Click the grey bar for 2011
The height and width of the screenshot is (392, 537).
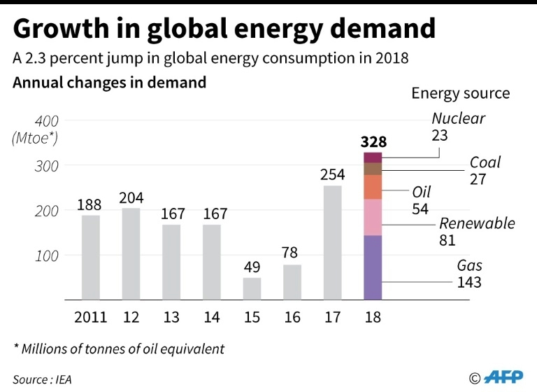tap(90, 257)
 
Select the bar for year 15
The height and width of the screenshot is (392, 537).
tap(252, 288)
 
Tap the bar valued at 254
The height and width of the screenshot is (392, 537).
tap(333, 242)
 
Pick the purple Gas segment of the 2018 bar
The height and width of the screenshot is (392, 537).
tap(373, 267)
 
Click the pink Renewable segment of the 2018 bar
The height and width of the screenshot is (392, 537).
tap(373, 217)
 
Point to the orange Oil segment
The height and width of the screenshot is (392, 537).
tap(373, 187)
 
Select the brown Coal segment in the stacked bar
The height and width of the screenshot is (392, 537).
tap(373, 169)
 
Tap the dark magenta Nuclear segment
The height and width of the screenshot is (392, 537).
tap(373, 157)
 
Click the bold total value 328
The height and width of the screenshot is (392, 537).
tap(373, 141)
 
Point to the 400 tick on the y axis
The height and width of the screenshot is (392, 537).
tap(46, 120)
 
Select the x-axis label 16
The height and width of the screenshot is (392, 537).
tap(292, 317)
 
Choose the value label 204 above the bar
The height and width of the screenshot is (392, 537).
tap(131, 197)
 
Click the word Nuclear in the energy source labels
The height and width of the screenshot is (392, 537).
tap(458, 118)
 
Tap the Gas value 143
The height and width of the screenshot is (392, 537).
tap(469, 283)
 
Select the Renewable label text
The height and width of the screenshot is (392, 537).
tap(477, 223)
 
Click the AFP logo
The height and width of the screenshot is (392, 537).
tap(497, 377)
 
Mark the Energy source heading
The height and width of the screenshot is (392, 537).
tap(460, 93)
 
